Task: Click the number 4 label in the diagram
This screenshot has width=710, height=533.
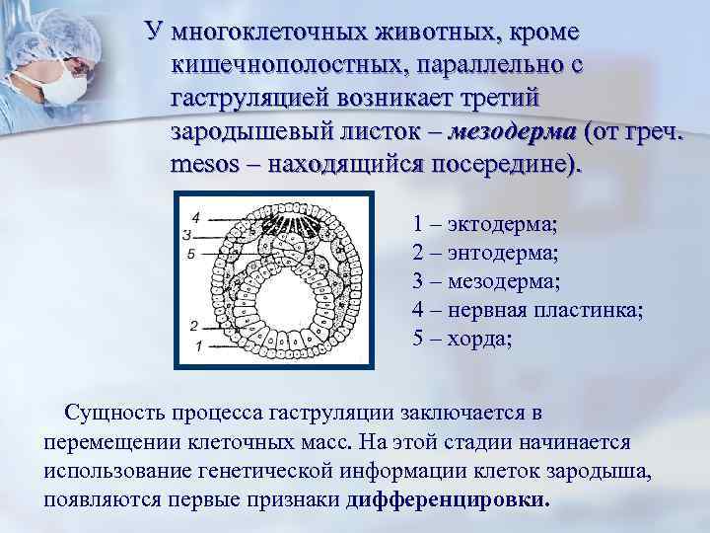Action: tap(195, 216)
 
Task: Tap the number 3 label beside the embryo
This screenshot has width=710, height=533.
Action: tap(186, 234)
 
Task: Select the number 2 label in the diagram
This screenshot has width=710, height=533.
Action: tap(195, 325)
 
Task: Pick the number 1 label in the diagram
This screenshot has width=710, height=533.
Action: tap(200, 345)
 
